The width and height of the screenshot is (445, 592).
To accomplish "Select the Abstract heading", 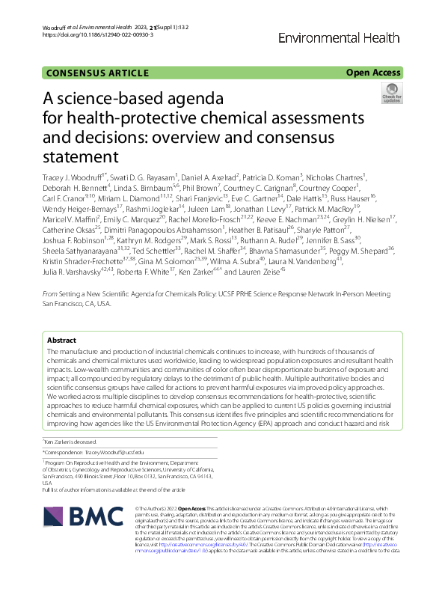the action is click(62, 339).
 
